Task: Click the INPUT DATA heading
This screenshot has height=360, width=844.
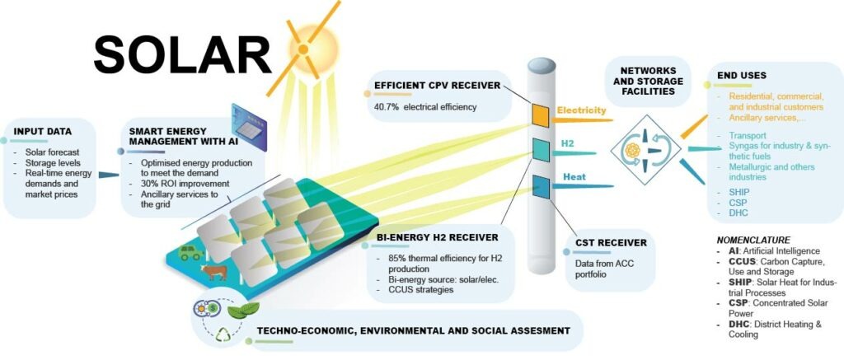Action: pos(42,131)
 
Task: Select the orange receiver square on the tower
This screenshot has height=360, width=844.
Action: pos(541,115)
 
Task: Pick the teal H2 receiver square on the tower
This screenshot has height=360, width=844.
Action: pos(541,149)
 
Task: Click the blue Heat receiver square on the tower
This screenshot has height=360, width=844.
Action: pos(541,187)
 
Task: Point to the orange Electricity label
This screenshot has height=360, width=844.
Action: pos(581,110)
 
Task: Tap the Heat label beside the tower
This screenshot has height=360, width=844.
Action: pos(574,176)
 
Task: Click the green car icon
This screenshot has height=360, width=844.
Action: pos(191,254)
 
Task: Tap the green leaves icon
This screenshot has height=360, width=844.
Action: pos(243,311)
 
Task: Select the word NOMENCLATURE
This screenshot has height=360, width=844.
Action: pos(753,240)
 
